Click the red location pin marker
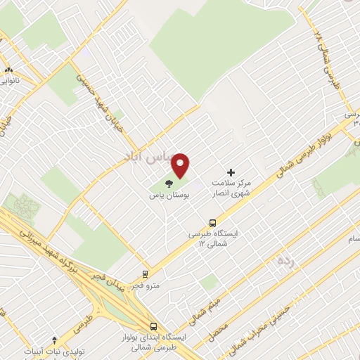click(181, 165)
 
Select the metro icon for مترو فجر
click(145, 274)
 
